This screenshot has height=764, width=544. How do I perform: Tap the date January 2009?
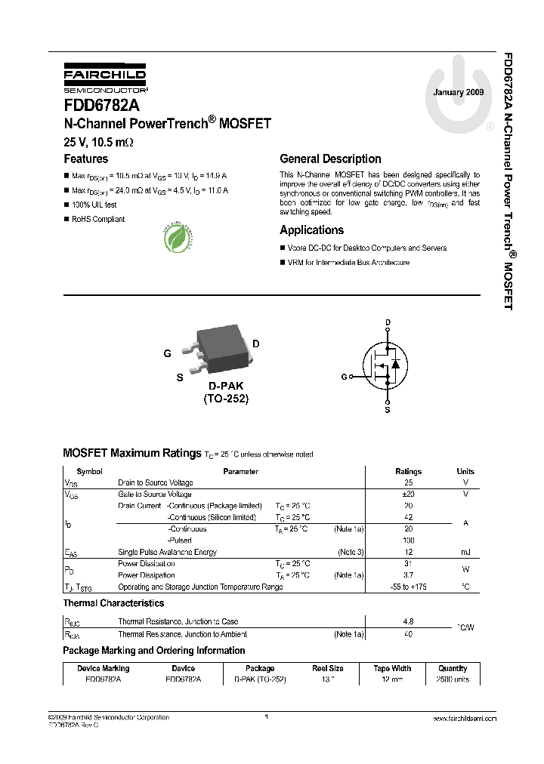click(x=457, y=92)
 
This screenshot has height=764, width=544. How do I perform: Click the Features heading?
click(x=85, y=159)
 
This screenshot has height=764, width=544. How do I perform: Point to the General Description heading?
click(x=330, y=159)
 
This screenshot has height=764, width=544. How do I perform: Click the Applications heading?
click(x=311, y=230)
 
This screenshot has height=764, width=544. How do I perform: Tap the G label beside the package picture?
click(x=167, y=353)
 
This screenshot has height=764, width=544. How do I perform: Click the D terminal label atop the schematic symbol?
click(x=388, y=323)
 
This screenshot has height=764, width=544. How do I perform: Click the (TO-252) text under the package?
click(x=225, y=399)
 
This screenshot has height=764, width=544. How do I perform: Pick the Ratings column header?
click(x=409, y=471)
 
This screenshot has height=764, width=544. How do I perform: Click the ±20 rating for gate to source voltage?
click(x=409, y=494)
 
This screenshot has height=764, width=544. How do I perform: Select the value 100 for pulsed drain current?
click(x=409, y=541)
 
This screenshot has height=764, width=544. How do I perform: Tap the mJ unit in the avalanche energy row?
click(x=465, y=553)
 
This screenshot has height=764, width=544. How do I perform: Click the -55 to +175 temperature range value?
click(x=409, y=587)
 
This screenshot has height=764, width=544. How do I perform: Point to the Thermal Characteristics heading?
click(x=113, y=603)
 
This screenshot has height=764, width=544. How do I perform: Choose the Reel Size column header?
click(x=328, y=668)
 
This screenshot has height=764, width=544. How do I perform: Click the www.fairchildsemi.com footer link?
click(x=465, y=719)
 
